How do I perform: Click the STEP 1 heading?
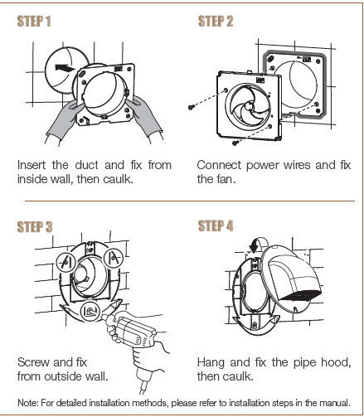coord(34,21)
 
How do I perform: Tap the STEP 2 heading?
coord(215,21)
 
